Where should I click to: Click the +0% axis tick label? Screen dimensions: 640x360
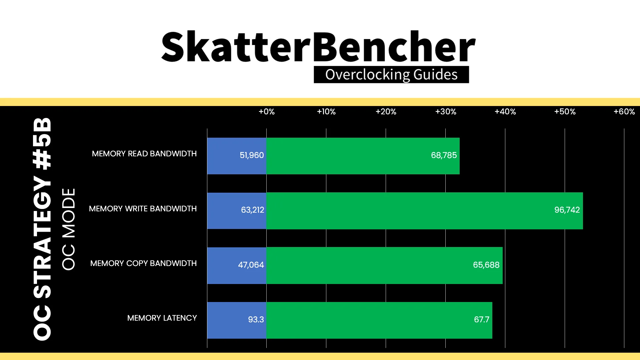(267, 112)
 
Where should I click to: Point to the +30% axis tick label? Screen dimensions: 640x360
(446, 112)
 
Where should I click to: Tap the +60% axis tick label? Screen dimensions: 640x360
(624, 112)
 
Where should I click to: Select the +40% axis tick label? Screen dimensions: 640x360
(505, 112)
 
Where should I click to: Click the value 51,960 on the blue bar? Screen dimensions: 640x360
(252, 155)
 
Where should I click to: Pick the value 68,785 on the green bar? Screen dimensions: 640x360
(444, 155)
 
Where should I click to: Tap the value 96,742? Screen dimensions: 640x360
(567, 210)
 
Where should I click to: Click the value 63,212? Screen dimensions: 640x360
(252, 210)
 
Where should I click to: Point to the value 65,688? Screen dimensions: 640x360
(486, 265)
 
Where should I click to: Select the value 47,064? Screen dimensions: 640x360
(251, 265)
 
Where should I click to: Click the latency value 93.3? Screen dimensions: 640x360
(256, 320)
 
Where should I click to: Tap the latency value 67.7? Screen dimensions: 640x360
(482, 320)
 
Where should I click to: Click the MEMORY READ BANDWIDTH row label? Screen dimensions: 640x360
(144, 154)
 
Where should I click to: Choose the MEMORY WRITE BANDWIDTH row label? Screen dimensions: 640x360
(143, 209)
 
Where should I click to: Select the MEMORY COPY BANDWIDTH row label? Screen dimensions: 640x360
(143, 263)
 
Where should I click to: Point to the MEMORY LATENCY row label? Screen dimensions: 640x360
(162, 318)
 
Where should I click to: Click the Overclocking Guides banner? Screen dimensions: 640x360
(391, 75)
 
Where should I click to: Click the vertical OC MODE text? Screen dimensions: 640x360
(69, 229)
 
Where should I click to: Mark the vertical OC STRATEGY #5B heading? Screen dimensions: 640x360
(42, 229)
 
